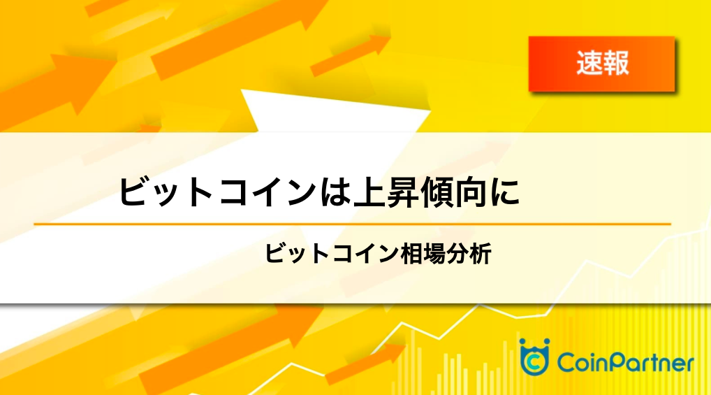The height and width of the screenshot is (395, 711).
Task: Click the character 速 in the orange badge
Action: coord(589,63)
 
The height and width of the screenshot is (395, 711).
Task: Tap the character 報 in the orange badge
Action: coord(616,63)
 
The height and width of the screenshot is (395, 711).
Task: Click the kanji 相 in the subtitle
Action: coord(401,254)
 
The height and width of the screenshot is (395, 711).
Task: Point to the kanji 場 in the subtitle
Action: coord(423,254)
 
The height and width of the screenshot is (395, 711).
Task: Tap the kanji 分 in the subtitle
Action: coord(446,254)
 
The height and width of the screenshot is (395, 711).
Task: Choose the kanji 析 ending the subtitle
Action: coord(481,254)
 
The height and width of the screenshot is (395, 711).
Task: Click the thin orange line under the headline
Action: coord(352,224)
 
